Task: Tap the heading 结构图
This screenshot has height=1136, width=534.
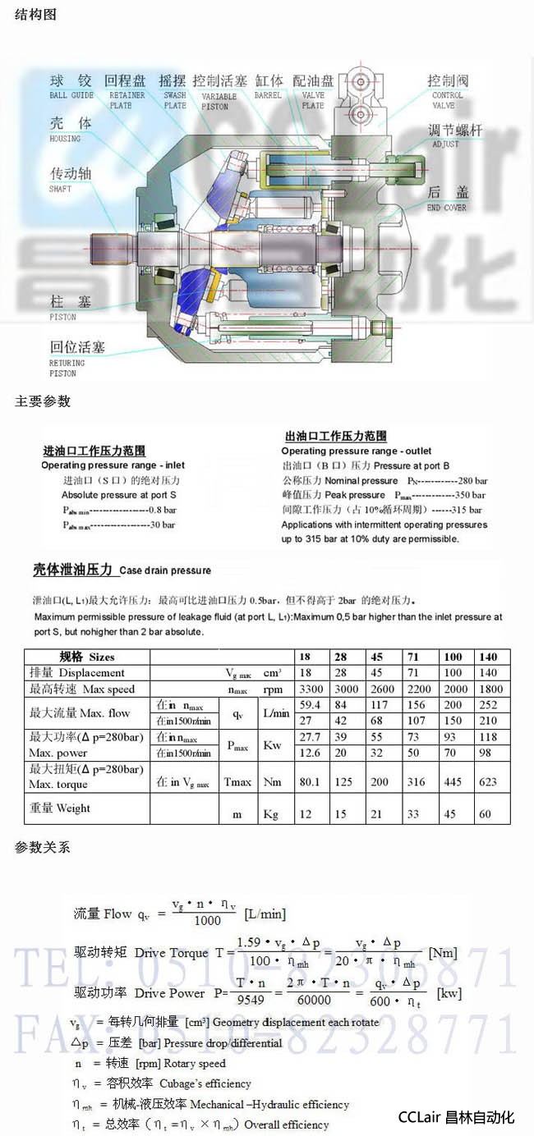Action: point(36,15)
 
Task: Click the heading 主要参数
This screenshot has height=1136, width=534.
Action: point(43,401)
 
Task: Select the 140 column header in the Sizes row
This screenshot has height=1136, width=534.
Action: point(488,657)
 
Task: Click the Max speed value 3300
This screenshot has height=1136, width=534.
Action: point(310,689)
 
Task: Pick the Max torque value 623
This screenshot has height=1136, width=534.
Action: point(488,782)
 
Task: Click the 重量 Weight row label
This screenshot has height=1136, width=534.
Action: point(60,808)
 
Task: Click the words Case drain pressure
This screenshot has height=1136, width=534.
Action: point(165,570)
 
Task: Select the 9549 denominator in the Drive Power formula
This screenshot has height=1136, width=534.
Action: point(249,1001)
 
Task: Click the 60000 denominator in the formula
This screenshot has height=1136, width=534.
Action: point(314,1001)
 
